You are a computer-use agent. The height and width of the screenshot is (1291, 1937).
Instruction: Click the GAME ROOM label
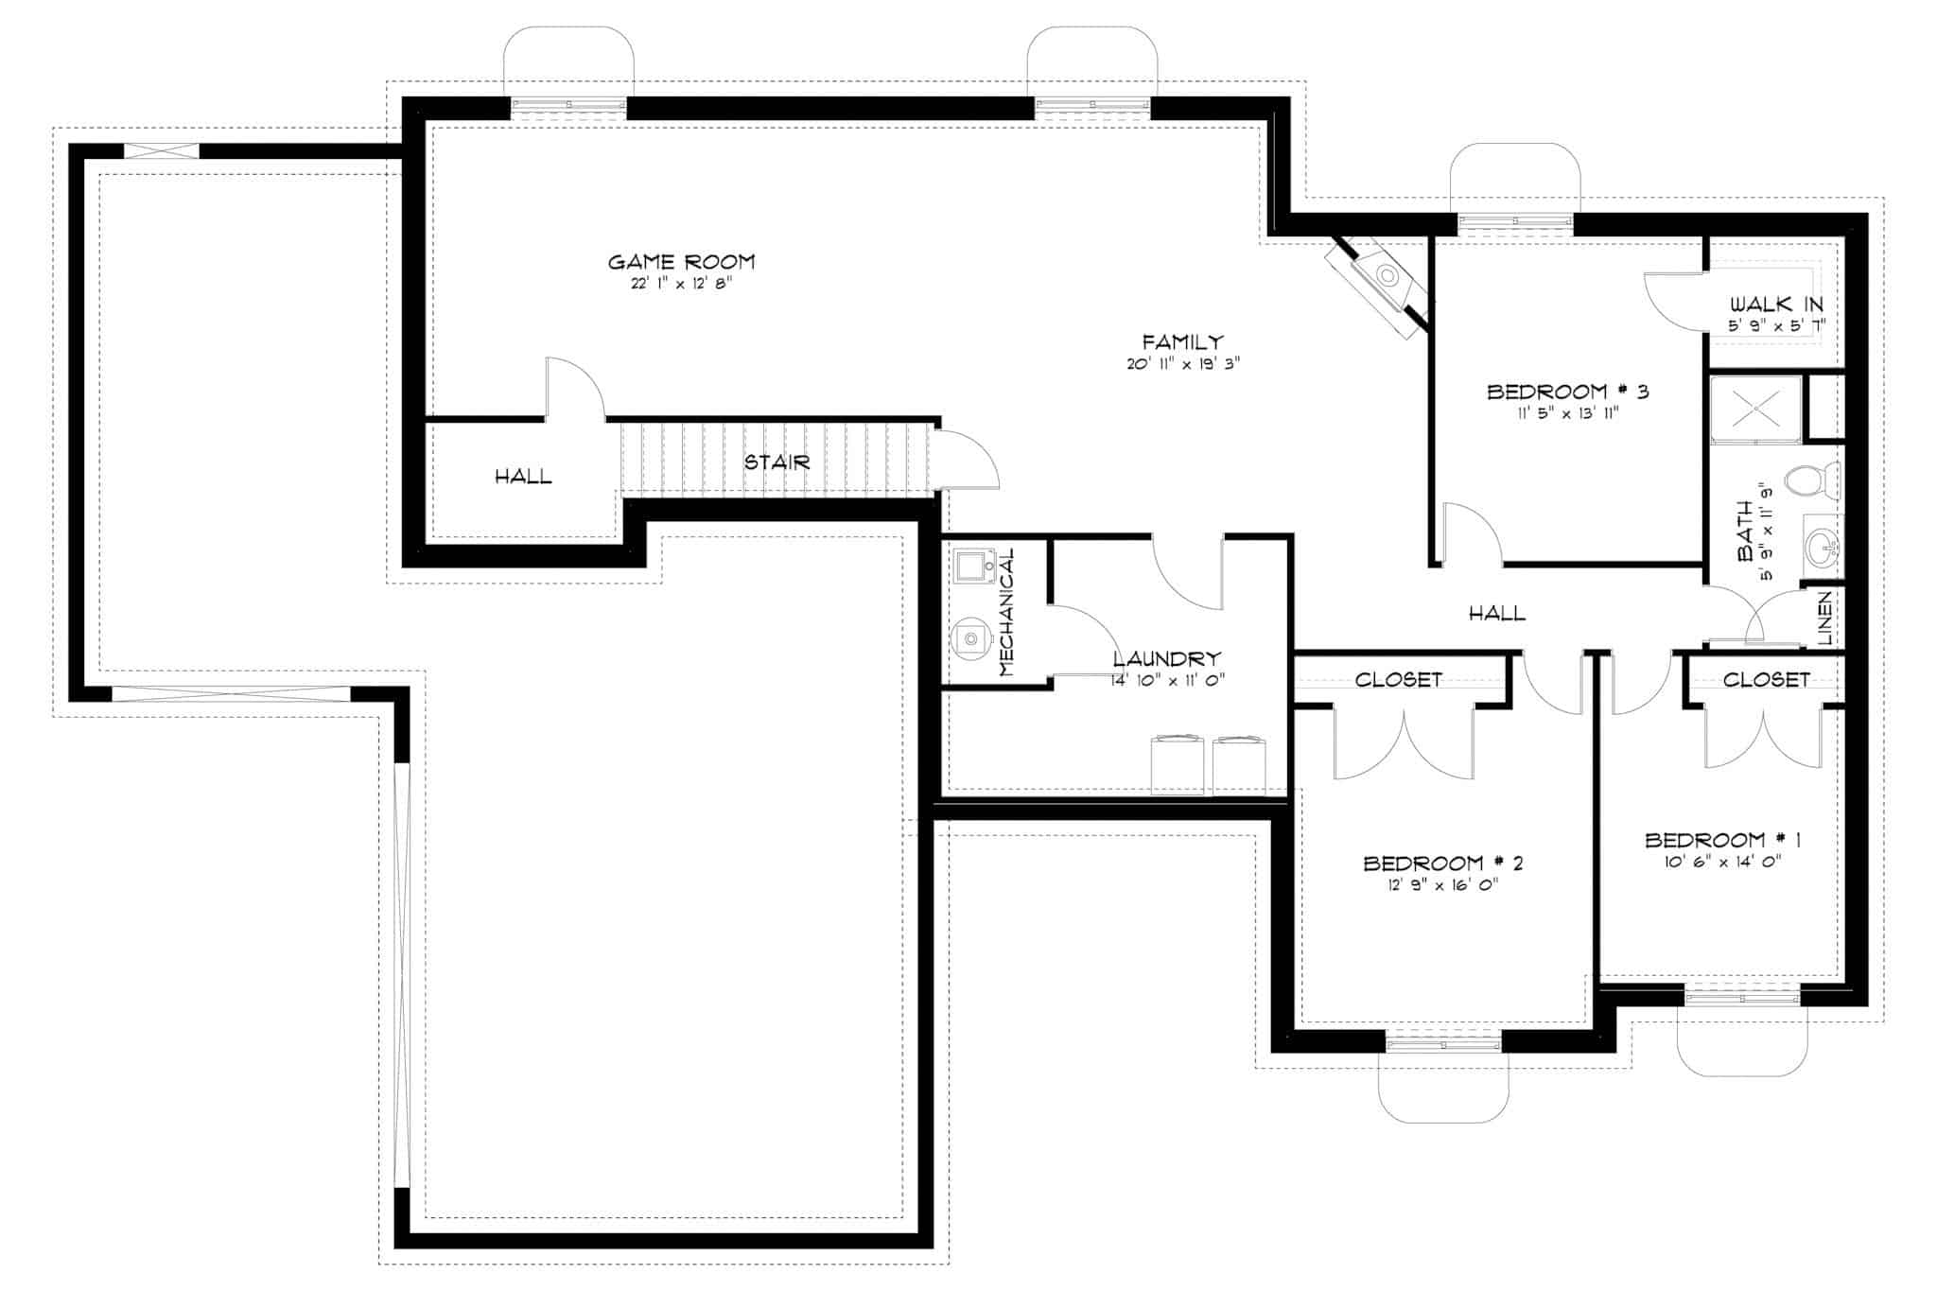tap(681, 262)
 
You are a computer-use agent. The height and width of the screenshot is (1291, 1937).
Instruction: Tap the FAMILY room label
tap(1182, 342)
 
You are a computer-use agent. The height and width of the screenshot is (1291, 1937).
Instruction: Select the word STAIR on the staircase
tap(777, 462)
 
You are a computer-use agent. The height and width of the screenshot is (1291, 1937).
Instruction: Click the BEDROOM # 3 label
tap(1567, 392)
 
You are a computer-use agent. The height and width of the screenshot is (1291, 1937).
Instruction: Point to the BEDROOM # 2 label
tap(1442, 864)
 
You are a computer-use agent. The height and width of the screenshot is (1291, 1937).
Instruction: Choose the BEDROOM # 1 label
tap(1722, 840)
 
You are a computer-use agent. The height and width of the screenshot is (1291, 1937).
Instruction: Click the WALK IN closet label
tap(1776, 305)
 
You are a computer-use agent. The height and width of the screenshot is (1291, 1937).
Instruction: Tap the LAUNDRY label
tap(1167, 659)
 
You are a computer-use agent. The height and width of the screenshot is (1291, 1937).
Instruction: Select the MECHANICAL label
tap(1006, 612)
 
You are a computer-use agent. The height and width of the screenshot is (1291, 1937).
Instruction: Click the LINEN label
tap(1824, 619)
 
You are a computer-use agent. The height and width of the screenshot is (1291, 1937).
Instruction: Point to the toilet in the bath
tap(1813, 481)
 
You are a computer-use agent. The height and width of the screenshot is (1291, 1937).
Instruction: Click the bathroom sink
tap(1821, 546)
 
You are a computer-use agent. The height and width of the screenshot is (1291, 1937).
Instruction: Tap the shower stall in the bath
tap(1756, 408)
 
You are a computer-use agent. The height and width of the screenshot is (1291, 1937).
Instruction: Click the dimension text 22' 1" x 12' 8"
tap(681, 284)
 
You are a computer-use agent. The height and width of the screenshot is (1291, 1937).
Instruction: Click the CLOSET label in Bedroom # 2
tap(1398, 680)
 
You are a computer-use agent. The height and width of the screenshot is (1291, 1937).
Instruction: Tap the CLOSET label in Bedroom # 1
tap(1766, 680)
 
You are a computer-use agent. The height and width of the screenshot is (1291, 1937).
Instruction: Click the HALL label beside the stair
tap(523, 477)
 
